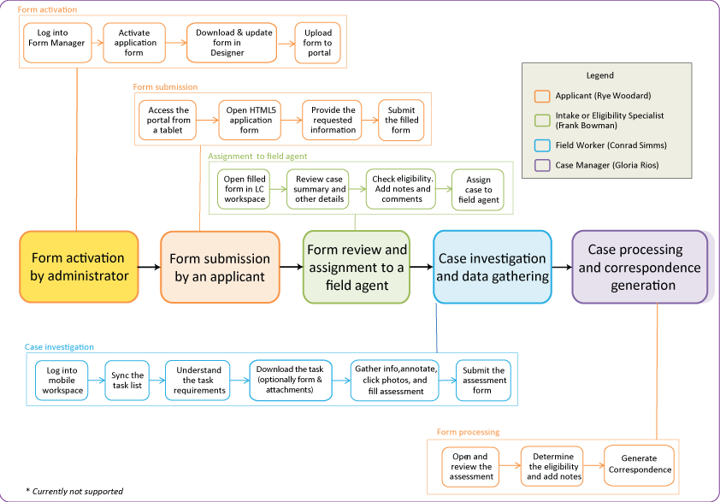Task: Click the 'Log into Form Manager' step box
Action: pyautogui.click(x=56, y=43)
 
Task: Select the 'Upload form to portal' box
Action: pyautogui.click(x=318, y=43)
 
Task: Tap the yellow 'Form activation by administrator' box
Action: pyautogui.click(x=79, y=267)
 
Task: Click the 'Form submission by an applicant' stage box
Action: pyautogui.click(x=220, y=267)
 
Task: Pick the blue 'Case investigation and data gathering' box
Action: pyautogui.click(x=492, y=267)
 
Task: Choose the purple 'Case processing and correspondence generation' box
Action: pyautogui.click(x=640, y=267)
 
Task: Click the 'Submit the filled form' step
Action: pyautogui.click(x=401, y=121)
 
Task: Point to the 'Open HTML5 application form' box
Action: pyautogui.click(x=249, y=121)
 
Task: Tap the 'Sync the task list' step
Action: pyautogui.click(x=126, y=381)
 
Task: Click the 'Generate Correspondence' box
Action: pyautogui.click(x=640, y=464)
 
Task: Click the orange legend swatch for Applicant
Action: pyautogui.click(x=541, y=97)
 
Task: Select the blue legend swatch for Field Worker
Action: pyautogui.click(x=541, y=145)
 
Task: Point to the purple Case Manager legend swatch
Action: pyautogui.click(x=541, y=165)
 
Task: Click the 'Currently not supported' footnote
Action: pyautogui.click(x=74, y=491)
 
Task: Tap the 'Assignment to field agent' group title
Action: pyautogui.click(x=257, y=157)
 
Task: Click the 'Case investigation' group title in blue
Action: pyautogui.click(x=59, y=347)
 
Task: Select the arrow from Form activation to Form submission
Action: pyautogui.click(x=149, y=268)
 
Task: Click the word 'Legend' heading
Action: pyautogui.click(x=599, y=75)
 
